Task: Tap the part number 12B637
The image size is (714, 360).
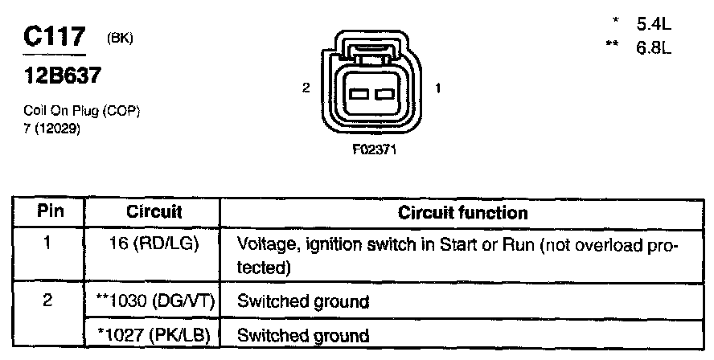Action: (59, 76)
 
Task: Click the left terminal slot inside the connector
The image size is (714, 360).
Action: (359, 93)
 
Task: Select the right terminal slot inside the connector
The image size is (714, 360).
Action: (384, 93)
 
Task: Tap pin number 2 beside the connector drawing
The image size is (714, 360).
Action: (306, 89)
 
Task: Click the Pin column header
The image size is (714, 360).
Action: (50, 212)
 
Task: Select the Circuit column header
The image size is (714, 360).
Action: (154, 212)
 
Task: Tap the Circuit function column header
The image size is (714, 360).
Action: (463, 213)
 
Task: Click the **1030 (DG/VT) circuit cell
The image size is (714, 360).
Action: (154, 302)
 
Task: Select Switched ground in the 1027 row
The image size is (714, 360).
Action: (302, 335)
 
